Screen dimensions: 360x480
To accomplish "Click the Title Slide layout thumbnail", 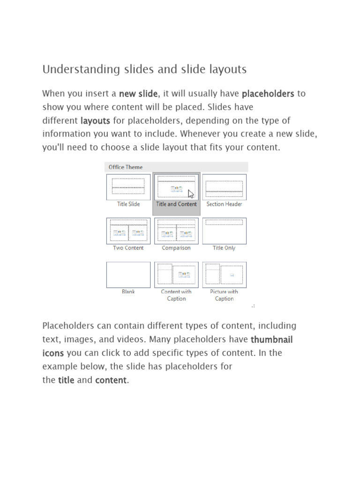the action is point(128,187).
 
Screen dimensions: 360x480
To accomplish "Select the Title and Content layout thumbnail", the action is point(176,187).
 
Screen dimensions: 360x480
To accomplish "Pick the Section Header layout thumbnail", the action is point(224,187).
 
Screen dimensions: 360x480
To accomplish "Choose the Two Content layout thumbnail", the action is point(128,231).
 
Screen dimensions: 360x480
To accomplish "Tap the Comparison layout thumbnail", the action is point(176,231).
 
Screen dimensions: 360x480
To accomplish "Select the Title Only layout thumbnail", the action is point(224,231).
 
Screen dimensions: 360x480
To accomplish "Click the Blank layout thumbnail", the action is point(128,274).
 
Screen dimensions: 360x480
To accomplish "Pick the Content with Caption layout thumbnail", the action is point(176,274).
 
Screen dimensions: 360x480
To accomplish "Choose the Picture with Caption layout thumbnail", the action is point(224,274).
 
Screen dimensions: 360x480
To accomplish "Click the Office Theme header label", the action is point(126,167).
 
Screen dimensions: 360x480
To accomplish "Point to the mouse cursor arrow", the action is point(191,194).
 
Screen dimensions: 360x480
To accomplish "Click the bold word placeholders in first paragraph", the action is point(268,94).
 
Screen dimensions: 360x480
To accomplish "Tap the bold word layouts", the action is point(95,121).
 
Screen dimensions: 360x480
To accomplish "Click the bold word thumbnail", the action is point(272,339).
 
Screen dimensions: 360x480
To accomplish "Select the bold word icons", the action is point(53,353).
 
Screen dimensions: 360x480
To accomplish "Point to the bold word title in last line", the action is point(66,380).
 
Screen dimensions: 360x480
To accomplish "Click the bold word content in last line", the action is point(111,380).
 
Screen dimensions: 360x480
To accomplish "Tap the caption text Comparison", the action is point(176,248).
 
